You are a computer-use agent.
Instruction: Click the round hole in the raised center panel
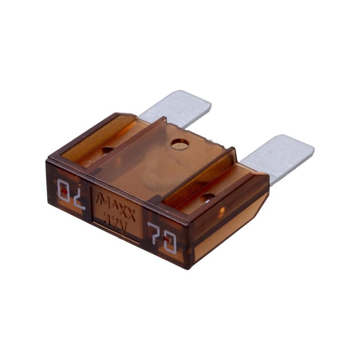coord(180,144)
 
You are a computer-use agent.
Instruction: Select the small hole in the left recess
coord(107,150)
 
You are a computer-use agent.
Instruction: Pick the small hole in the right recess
coord(207,197)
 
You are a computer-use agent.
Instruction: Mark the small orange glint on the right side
coord(221,210)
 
